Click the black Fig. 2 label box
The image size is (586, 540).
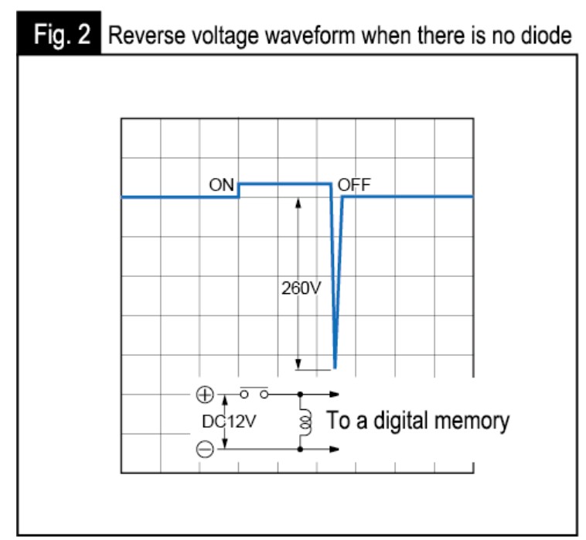click(x=59, y=33)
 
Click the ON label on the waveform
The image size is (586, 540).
click(x=221, y=185)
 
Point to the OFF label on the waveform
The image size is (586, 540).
click(x=354, y=185)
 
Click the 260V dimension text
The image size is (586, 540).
click(x=301, y=288)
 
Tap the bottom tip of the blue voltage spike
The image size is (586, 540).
click(x=335, y=368)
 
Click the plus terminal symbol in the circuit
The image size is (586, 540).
click(x=205, y=395)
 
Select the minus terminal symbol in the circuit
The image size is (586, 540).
click(x=205, y=449)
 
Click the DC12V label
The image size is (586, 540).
click(x=229, y=422)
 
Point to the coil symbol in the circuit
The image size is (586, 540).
click(x=305, y=422)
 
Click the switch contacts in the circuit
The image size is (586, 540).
click(x=254, y=394)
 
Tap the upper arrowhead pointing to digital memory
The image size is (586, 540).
click(x=334, y=394)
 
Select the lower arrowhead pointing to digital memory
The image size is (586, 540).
click(x=334, y=449)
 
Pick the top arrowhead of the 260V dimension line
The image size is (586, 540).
click(x=298, y=203)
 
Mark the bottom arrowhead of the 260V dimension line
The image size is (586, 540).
click(x=298, y=364)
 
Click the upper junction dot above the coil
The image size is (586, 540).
click(x=300, y=394)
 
